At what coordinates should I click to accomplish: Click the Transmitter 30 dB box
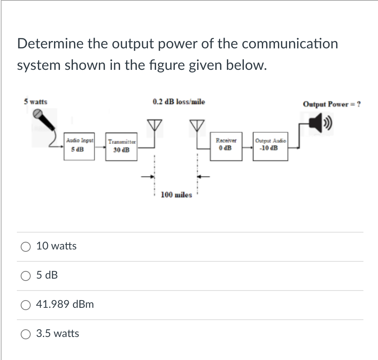[122, 146]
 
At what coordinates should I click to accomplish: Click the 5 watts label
[35, 102]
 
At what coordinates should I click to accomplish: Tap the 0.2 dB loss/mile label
[179, 102]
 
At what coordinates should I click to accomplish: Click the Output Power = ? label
[332, 104]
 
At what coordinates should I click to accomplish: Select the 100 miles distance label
[176, 195]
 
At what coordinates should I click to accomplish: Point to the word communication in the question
[290, 44]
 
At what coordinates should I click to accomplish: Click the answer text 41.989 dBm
[65, 304]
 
